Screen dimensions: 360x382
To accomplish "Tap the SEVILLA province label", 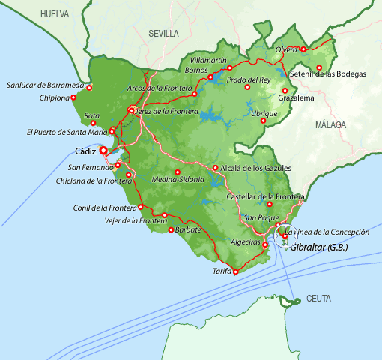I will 164,34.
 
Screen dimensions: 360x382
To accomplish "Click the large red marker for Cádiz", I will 103,150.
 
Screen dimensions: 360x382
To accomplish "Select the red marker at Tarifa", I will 235,271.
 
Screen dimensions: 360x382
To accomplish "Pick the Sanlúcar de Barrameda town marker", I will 89,88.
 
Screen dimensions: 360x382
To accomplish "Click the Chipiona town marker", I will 73,97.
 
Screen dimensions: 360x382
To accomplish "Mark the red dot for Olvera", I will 303,49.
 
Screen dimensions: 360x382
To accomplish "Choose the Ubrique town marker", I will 283,113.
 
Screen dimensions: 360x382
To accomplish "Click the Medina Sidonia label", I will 178,181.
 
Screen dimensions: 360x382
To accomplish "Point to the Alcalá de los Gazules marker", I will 215,168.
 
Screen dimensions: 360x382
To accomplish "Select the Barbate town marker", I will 171,230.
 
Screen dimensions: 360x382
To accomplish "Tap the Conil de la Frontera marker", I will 140,208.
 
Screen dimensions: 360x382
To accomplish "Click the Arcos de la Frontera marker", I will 194,94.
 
